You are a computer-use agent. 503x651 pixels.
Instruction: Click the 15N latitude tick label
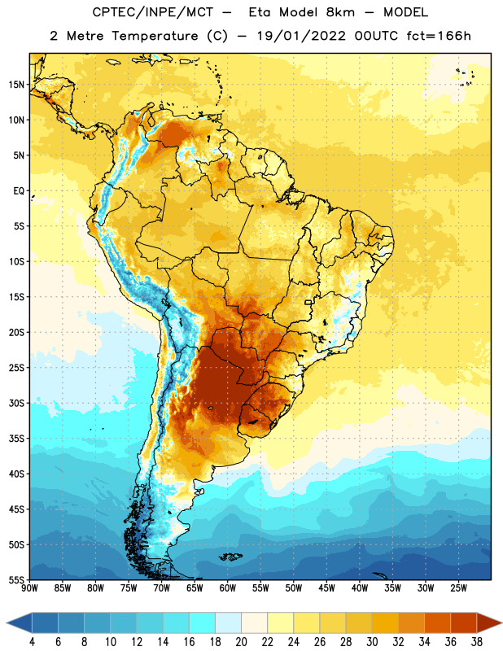point(16,85)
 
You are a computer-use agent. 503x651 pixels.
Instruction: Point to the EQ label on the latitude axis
point(19,191)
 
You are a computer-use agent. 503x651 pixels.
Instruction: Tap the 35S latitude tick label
point(16,439)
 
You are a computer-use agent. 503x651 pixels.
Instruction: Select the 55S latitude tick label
point(16,580)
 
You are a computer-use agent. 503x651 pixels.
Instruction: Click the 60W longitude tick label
point(228,588)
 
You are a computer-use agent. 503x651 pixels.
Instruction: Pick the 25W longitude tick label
point(458,588)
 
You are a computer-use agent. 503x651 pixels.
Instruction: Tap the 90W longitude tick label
point(29,588)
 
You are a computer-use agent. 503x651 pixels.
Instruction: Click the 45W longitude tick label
point(326,588)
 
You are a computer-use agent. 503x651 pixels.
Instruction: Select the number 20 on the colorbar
point(241,642)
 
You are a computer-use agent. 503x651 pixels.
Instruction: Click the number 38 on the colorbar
point(477,642)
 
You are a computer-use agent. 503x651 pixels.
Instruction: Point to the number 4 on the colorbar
point(32,642)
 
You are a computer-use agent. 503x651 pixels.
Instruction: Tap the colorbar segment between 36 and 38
point(464,623)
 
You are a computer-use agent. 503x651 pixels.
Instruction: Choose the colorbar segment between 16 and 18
point(203,623)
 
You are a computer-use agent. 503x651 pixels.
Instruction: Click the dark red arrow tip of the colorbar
point(501,623)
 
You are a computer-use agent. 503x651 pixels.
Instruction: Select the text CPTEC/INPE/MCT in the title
point(153,12)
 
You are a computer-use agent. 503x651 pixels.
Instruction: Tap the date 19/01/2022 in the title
point(300,36)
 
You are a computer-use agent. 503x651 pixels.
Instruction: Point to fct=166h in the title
point(439,36)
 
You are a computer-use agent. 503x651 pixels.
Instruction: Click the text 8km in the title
point(340,12)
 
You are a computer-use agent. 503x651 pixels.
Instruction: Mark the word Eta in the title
point(260,12)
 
